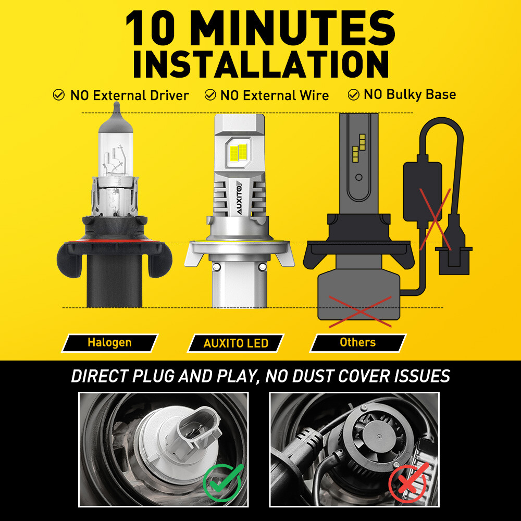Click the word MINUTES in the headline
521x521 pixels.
click(292, 28)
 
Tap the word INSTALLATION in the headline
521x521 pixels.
click(261, 65)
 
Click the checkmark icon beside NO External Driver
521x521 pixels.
click(59, 95)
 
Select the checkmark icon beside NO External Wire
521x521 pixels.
click(210, 95)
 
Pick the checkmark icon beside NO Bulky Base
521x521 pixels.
click(353, 95)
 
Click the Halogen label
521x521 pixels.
click(109, 343)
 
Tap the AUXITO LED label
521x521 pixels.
click(235, 343)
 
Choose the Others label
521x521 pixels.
click(358, 343)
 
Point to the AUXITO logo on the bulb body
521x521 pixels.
click(240, 197)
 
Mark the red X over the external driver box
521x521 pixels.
click(435, 219)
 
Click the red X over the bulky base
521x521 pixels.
click(360, 312)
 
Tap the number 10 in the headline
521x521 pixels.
click(150, 28)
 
